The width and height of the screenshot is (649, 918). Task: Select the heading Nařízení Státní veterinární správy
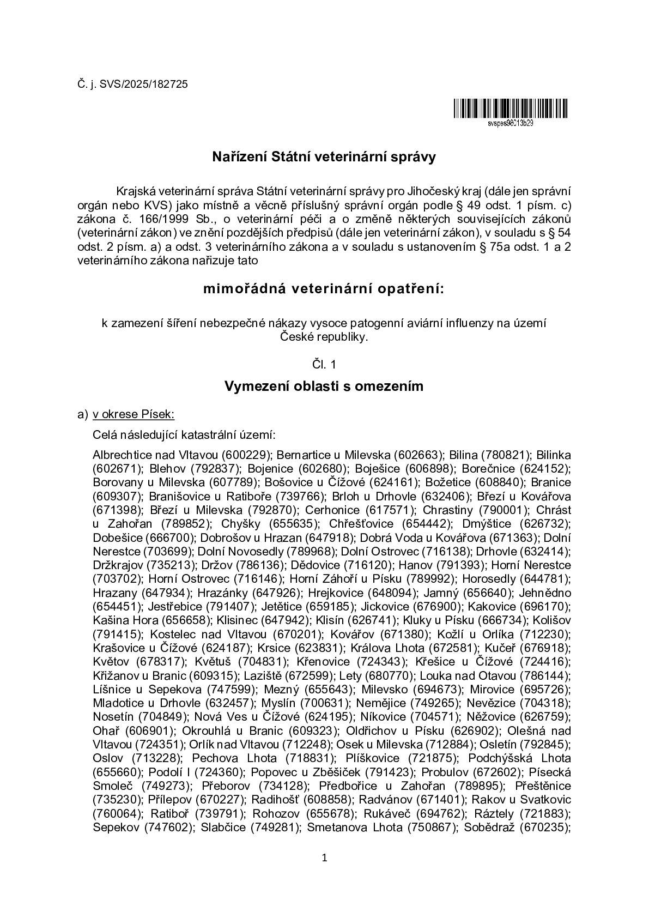coord(324,158)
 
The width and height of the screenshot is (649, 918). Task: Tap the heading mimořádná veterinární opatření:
coord(324,288)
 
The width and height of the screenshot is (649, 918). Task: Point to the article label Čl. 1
coord(324,364)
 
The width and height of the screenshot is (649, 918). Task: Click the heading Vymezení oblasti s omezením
coord(324,386)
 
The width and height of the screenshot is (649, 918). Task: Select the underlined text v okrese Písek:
coord(134,414)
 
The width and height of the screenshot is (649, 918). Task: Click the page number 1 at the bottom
coord(324,858)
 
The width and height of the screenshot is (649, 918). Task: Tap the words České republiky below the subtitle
coord(324,337)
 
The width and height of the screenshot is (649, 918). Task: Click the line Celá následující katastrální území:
coord(184,435)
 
